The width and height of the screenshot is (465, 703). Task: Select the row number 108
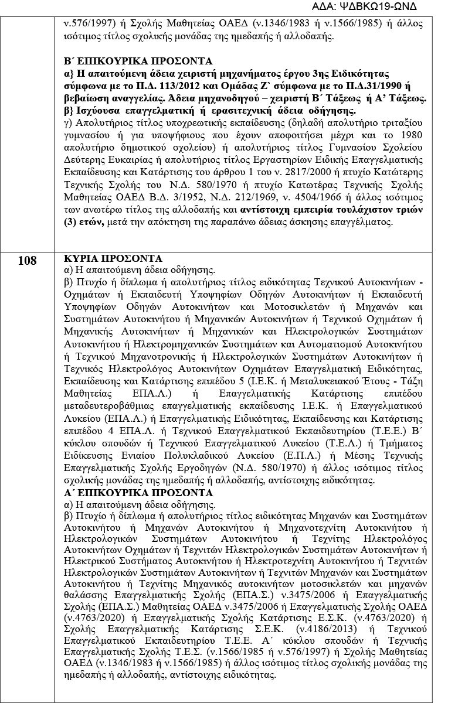point(27,260)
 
